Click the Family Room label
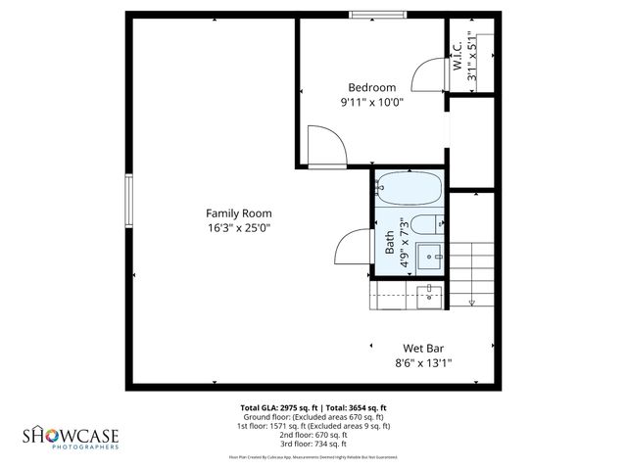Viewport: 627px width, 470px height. pyautogui.click(x=238, y=212)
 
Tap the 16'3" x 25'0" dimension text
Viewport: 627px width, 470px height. pyautogui.click(x=238, y=227)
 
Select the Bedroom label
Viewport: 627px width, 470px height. pyautogui.click(x=372, y=87)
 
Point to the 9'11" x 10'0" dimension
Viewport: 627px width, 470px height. pyautogui.click(x=372, y=102)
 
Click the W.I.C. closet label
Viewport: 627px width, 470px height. pyautogui.click(x=456, y=48)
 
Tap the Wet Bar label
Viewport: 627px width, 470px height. pyautogui.click(x=426, y=348)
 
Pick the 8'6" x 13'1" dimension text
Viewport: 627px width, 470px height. pyautogui.click(x=426, y=362)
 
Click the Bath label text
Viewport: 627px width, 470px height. pyautogui.click(x=389, y=238)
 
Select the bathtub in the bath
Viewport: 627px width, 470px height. pyautogui.click(x=409, y=187)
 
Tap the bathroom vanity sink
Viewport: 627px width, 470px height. pyautogui.click(x=430, y=258)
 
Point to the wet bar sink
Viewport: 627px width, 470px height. pyautogui.click(x=429, y=295)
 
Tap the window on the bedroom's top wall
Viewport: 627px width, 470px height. pyautogui.click(x=376, y=15)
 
